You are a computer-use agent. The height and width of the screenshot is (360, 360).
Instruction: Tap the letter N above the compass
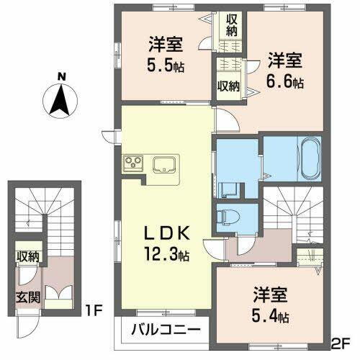(63, 75)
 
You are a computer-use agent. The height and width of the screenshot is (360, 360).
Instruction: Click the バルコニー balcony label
(165, 333)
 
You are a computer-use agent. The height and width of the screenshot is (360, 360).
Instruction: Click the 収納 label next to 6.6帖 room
(229, 86)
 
